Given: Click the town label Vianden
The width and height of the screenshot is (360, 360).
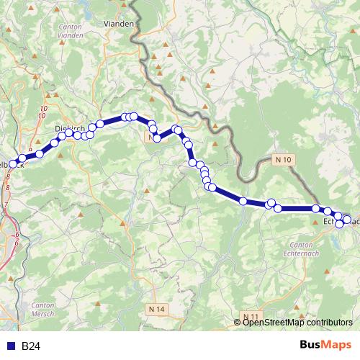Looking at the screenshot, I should pos(120,23).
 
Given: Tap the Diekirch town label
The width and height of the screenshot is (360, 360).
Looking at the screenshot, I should pos(69,127).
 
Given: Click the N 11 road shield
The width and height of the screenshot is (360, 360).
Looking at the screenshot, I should pos(251,317).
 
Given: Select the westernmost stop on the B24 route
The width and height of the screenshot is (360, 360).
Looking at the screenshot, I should pos(12,164).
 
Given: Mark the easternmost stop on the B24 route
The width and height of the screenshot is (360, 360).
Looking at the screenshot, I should pos(346,219).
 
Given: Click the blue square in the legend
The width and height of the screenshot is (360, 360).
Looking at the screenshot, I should pos(10,346).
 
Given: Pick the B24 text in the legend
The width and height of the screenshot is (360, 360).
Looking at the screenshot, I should pos(30,346).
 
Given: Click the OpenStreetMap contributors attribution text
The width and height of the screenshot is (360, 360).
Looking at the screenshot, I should pos(297,323).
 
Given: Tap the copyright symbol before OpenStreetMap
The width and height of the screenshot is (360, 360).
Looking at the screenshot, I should pos(238,323).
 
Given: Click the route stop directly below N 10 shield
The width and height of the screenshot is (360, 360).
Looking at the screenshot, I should pos(277,209).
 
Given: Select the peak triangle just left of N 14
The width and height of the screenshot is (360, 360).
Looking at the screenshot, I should pos(140,309).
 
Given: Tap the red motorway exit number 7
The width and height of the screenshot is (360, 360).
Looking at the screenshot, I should pos(6,205).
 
